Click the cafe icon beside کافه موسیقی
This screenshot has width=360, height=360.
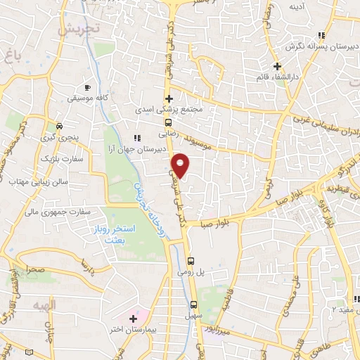point(86,86)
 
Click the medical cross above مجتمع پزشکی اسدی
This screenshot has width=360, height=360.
point(168,98)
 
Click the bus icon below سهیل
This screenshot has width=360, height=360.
point(194,304)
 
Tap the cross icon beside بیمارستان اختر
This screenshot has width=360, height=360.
point(133,319)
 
